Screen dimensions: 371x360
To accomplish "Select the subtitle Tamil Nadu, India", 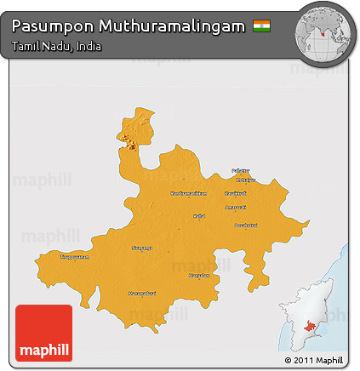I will coord(57,46).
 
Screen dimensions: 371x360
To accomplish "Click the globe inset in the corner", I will coord(324,31).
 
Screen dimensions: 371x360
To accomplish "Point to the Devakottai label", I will coord(245,225).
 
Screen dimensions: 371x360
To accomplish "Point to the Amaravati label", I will coord(236,207).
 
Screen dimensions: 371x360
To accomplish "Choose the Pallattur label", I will coord(242,170).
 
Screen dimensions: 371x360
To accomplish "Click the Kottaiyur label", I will coord(245,180).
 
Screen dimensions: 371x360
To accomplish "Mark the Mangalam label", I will coord(198,275).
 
